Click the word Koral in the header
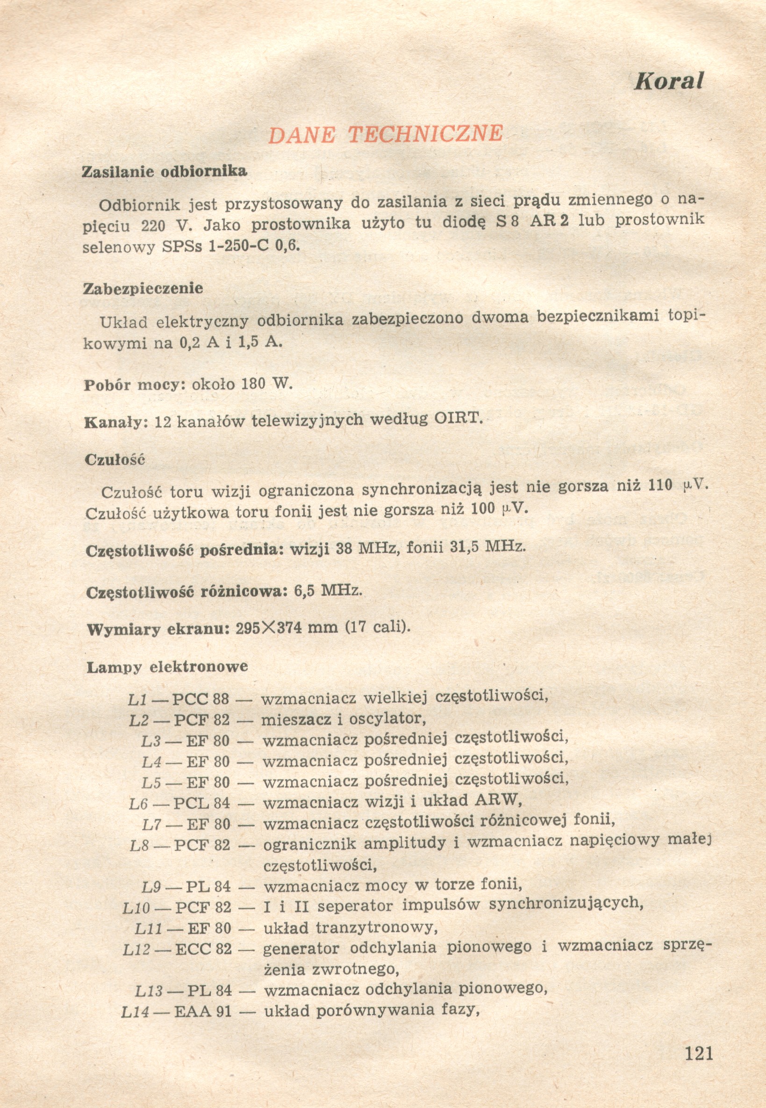point(668,81)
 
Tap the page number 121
point(699,1053)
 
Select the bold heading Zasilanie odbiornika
point(165,172)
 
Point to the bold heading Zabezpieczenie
point(143,289)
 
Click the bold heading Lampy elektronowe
point(167,667)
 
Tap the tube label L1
point(137,699)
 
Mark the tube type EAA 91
point(202,1012)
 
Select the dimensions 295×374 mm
point(286,628)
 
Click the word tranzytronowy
point(376,928)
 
